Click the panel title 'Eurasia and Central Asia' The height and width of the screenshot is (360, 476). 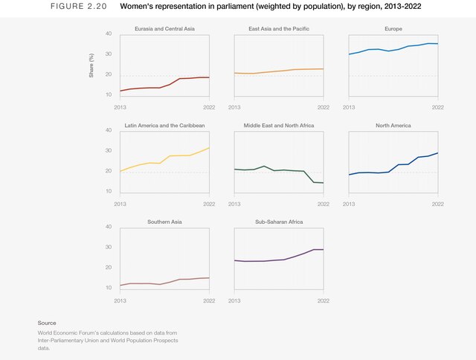click(164, 28)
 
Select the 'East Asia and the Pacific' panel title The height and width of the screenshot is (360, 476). click(279, 28)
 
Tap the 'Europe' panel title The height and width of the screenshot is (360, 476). click(393, 28)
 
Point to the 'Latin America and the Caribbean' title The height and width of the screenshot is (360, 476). click(164, 125)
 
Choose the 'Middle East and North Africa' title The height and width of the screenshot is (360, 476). click(279, 125)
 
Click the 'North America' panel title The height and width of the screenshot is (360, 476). click(393, 125)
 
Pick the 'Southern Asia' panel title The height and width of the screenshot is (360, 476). click(164, 222)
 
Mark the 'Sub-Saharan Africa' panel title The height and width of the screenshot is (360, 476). click(279, 222)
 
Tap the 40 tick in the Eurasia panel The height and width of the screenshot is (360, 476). click(109, 33)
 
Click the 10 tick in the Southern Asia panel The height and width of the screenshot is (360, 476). click(109, 288)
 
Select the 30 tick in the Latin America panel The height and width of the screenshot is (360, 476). click(109, 150)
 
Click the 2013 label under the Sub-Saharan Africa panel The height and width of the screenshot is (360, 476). click(235, 301)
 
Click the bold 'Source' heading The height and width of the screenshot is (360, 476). click(47, 323)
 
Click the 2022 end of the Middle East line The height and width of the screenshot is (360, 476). click(323, 182)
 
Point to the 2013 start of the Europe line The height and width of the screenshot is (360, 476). click(350, 54)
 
